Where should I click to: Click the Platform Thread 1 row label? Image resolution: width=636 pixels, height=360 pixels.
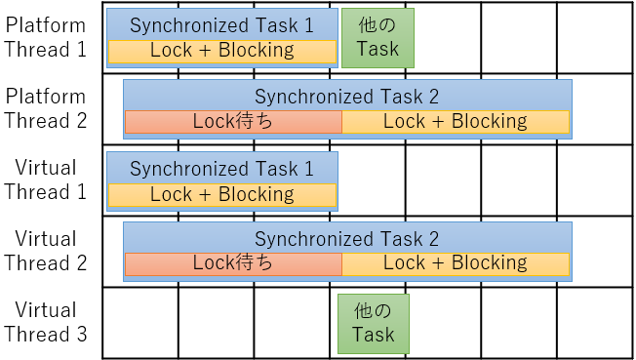click(45, 37)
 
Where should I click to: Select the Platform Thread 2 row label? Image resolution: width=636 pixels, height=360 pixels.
click(45, 108)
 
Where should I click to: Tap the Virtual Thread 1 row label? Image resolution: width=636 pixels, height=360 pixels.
click(45, 180)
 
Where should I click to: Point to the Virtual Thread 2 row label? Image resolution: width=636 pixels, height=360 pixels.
click(45, 251)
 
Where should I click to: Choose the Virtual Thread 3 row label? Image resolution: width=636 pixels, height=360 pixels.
click(45, 322)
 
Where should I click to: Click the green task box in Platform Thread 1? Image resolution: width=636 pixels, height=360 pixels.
click(378, 38)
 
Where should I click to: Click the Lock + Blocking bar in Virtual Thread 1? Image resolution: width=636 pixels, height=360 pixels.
click(222, 195)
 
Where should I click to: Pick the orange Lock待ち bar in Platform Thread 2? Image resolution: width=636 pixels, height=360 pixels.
click(233, 122)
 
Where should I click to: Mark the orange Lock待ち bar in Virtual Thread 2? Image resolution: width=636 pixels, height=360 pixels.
click(233, 263)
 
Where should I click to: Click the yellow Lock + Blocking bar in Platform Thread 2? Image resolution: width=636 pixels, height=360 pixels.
click(456, 122)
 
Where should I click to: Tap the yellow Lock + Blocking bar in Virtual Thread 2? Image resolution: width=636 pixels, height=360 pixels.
click(456, 263)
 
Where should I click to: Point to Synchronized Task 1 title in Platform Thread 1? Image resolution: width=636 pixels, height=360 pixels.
click(222, 25)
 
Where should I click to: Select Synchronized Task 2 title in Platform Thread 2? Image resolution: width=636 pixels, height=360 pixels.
click(347, 97)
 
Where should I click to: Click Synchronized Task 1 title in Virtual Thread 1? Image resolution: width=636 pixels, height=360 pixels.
click(222, 169)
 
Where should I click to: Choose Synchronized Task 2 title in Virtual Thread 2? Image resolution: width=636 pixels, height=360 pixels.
click(347, 239)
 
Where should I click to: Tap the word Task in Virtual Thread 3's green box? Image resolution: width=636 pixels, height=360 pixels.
click(374, 335)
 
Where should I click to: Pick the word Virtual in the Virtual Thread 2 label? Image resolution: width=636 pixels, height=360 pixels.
click(45, 239)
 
